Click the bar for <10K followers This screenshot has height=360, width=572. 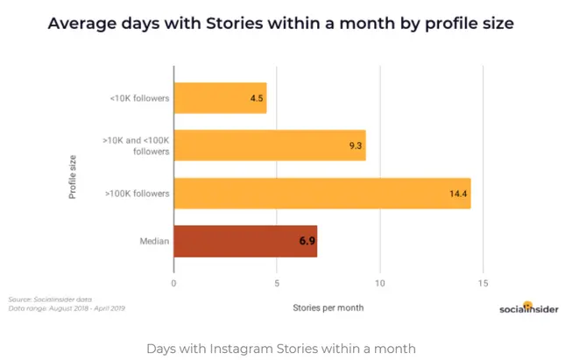220,98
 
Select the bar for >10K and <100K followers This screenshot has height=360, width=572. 269,145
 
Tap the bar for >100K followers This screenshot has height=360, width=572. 321,193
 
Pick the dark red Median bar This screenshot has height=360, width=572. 244,240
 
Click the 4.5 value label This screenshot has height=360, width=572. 257,98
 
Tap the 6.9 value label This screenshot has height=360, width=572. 306,240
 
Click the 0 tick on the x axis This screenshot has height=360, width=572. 173,283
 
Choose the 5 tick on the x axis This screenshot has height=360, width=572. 277,283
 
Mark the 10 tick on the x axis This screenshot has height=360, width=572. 379,283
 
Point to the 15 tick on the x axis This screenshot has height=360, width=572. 483,283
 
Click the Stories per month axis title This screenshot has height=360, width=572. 328,307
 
